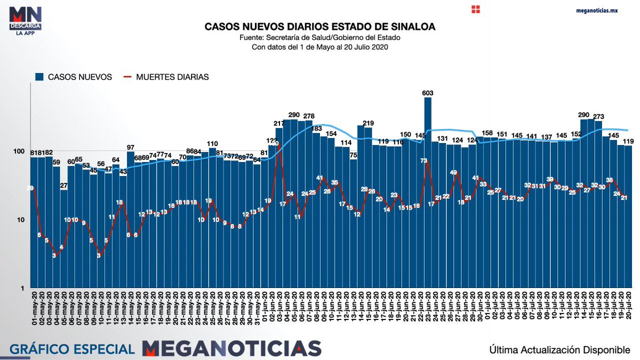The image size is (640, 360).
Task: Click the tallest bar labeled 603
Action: point(427,192)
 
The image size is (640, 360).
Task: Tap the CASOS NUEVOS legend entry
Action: point(74,77)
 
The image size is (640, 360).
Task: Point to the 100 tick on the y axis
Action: point(19,151)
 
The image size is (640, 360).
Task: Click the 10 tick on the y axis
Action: point(21,220)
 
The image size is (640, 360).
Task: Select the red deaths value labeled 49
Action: point(453,172)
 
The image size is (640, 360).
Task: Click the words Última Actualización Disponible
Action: point(559,350)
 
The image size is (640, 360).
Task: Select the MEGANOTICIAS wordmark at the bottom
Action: point(232,348)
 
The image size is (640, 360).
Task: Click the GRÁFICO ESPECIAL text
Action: point(72,349)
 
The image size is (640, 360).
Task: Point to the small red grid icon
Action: point(476,9)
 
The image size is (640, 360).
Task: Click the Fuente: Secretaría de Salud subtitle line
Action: point(320,38)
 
